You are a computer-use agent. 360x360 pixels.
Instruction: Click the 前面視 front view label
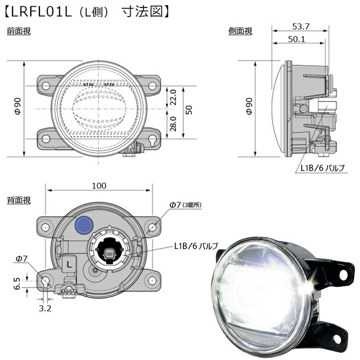(x=18, y=31)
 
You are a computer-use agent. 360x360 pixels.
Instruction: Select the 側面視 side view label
(x=241, y=31)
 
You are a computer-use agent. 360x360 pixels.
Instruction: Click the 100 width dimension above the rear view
(x=99, y=186)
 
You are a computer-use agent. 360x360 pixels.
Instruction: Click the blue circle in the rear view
(x=85, y=224)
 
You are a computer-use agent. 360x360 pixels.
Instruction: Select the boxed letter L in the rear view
(x=69, y=264)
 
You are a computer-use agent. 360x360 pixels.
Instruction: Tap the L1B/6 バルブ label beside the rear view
(x=196, y=246)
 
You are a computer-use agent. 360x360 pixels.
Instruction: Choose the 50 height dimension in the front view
(x=189, y=110)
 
